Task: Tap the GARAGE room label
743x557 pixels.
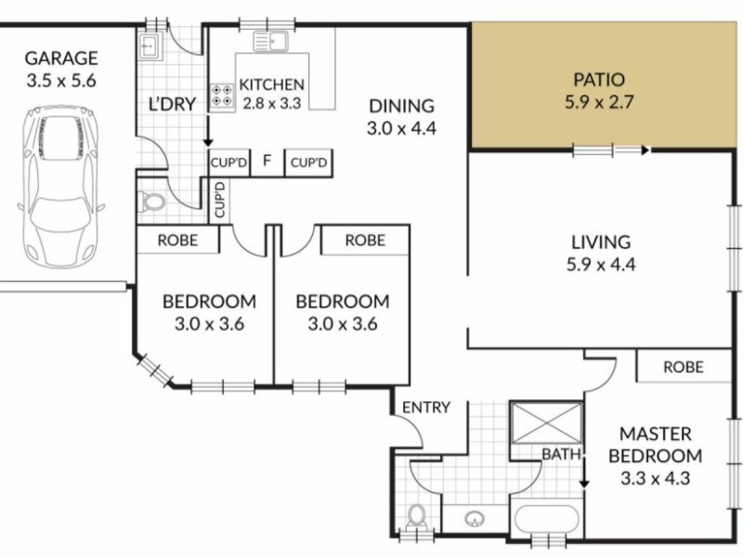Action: [x=61, y=58]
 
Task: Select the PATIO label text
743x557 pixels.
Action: [x=599, y=80]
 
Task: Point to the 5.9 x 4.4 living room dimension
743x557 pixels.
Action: [x=600, y=265]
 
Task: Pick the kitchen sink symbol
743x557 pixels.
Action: [x=274, y=41]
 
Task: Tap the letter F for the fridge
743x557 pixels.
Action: [x=267, y=162]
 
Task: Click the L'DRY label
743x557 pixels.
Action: [x=173, y=103]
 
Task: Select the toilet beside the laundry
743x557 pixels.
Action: [x=151, y=201]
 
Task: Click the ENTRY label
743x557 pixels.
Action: [x=426, y=407]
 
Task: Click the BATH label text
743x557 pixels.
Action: [x=562, y=454]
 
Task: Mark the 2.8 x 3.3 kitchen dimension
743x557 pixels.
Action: [x=271, y=103]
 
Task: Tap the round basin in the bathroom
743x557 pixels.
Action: [x=476, y=516]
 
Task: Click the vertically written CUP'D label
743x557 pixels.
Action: [x=220, y=201]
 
